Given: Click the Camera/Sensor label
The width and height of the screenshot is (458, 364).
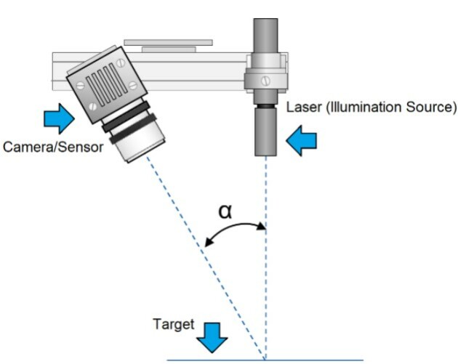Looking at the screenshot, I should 53,147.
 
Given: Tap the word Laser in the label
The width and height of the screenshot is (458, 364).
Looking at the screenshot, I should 302,108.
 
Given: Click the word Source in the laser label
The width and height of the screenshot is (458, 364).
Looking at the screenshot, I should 432,108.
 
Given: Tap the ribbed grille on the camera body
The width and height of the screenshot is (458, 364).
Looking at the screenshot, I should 108,82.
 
